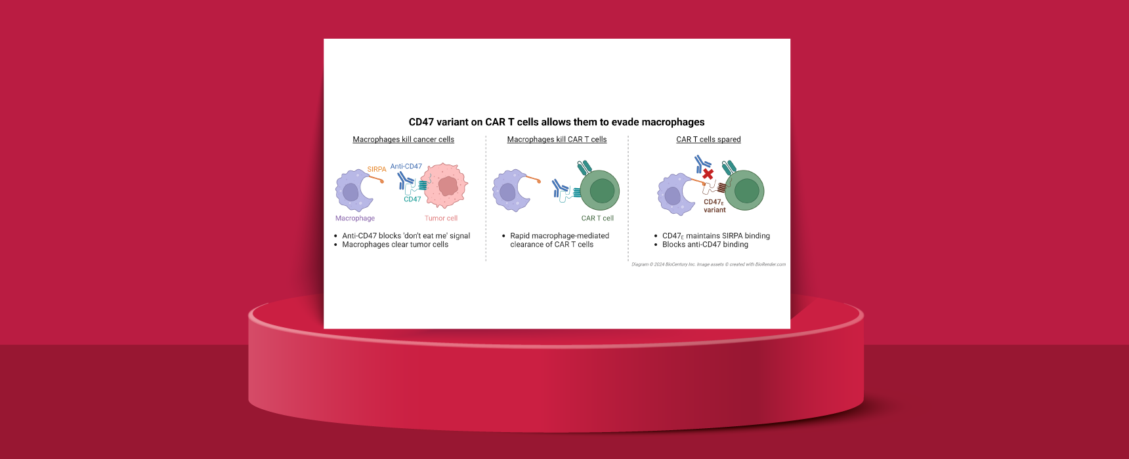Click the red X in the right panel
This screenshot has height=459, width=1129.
708,174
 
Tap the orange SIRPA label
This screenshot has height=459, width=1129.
376,169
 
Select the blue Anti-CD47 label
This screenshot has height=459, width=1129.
406,167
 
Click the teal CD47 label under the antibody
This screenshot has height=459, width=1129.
412,199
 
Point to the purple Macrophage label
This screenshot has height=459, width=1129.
354,218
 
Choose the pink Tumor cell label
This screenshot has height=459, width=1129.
440,218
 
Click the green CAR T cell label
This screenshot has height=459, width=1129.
597,218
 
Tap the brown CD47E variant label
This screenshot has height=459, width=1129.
714,206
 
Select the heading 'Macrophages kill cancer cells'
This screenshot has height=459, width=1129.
403,140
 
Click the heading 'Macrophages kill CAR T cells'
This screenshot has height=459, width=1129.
557,140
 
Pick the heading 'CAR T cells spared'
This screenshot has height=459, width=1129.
708,140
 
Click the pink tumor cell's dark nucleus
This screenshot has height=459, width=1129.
448,186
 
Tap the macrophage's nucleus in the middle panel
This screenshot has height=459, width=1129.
507,192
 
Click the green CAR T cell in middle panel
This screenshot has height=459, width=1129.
601,191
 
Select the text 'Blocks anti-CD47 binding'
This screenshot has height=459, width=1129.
704,245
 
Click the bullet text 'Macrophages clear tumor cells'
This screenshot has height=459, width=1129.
394,245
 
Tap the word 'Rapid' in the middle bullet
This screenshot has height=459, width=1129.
520,236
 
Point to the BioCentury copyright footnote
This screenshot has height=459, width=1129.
708,264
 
